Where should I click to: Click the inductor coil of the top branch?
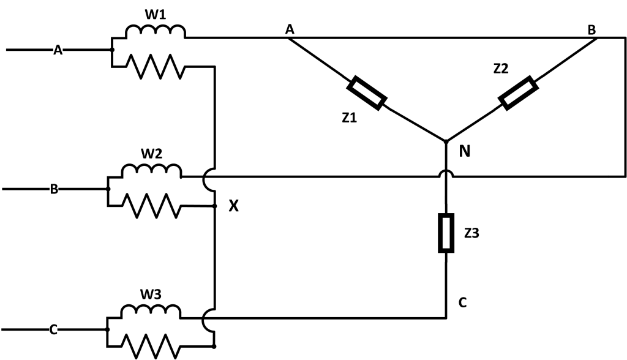155,31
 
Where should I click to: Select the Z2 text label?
501,69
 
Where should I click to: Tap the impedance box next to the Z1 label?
367,94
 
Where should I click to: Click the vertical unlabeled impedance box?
446,233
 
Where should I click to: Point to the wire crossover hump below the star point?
446,176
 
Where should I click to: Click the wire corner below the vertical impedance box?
446,317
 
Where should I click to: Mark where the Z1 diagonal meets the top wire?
287,38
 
